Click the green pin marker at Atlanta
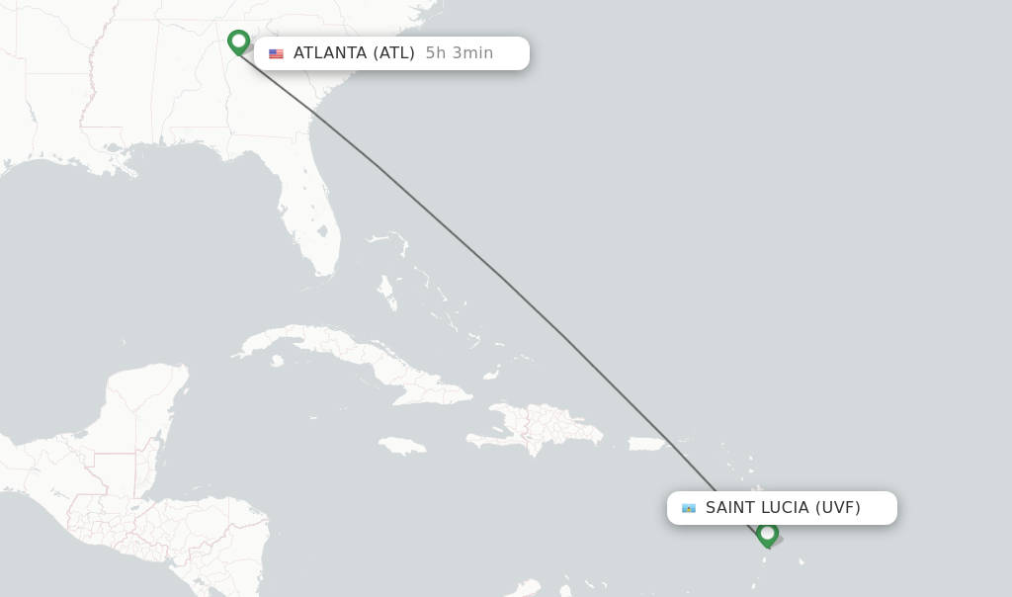(238, 42)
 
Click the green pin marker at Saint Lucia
(767, 534)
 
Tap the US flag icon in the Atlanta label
(276, 53)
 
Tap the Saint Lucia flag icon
(689, 508)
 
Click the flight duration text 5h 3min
(459, 53)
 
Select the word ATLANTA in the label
(330, 53)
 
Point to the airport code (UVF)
(837, 508)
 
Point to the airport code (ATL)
(393, 53)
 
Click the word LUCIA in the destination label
(785, 508)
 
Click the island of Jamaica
(401, 446)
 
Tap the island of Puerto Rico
(649, 444)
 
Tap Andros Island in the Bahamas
(387, 293)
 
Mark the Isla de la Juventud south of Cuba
(277, 361)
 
